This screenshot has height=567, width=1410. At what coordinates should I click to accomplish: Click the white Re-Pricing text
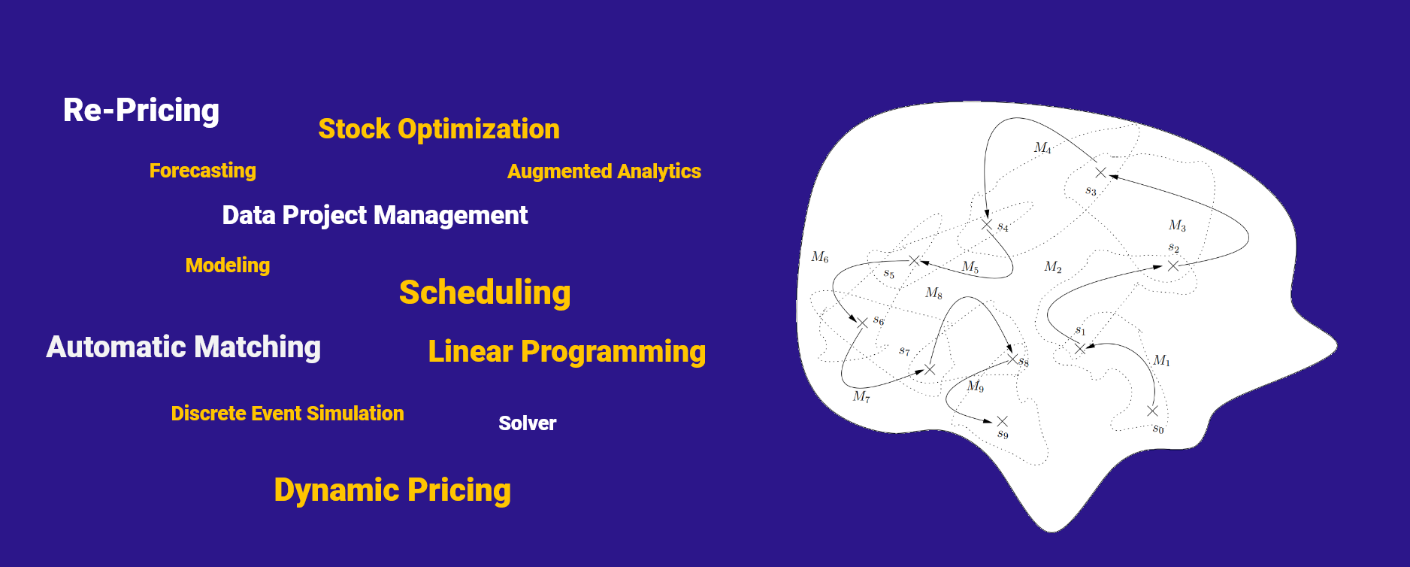[x=141, y=111]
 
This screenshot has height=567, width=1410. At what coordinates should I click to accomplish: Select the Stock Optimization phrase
[x=439, y=129]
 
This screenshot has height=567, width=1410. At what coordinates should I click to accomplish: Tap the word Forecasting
[x=203, y=171]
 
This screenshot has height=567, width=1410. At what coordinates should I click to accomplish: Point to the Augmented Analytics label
[x=604, y=172]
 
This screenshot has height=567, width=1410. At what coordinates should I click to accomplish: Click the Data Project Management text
[x=375, y=216]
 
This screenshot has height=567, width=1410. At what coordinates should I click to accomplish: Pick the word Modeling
[x=228, y=265]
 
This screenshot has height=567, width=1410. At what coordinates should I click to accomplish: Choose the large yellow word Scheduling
[x=485, y=293]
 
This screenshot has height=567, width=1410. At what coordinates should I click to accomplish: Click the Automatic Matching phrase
[x=183, y=347]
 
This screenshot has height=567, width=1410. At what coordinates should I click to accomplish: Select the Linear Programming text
[x=567, y=352]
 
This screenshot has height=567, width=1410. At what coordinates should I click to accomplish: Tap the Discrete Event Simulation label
[x=287, y=414]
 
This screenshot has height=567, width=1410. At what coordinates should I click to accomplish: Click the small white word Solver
[x=528, y=423]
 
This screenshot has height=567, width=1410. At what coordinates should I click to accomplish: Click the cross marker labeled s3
[x=1101, y=173]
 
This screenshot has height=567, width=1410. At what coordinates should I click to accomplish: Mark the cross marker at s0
[x=1152, y=411]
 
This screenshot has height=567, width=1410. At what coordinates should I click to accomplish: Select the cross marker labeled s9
[x=1002, y=421]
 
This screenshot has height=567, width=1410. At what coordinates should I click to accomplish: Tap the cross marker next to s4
[x=987, y=224]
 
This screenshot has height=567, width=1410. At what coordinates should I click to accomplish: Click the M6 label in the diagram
[x=820, y=257]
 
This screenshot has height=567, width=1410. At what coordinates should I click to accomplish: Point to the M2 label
[x=1053, y=267]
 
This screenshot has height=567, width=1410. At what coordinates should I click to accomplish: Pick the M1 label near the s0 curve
[x=1161, y=360]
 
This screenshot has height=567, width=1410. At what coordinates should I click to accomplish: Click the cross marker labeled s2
[x=1173, y=265]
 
